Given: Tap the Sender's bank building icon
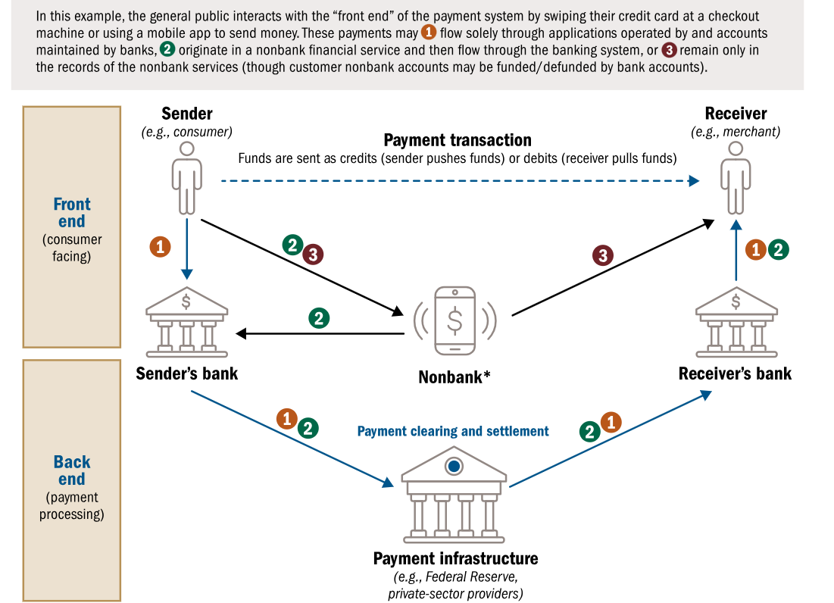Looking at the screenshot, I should (x=186, y=323).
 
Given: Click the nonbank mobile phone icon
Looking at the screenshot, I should (x=454, y=320).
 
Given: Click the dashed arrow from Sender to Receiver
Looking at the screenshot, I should (x=454, y=181).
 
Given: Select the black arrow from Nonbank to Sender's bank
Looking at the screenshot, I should (x=318, y=333).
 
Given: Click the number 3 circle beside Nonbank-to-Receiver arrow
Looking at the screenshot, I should (x=602, y=256).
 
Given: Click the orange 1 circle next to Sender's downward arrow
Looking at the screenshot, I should (x=160, y=246).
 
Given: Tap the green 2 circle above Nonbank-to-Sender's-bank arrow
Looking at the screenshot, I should (x=319, y=318).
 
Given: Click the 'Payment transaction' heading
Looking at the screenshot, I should (x=458, y=140).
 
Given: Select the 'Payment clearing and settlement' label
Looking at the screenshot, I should (x=453, y=431).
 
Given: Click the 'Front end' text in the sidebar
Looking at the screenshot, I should (x=72, y=213).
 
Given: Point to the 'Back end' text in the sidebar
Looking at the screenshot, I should (x=72, y=470).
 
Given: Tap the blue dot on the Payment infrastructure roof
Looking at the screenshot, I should (x=454, y=467).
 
